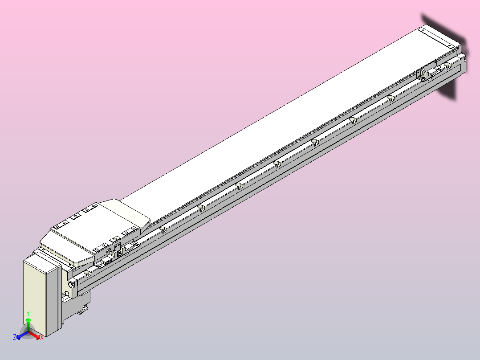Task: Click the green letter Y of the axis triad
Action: tap(28, 313)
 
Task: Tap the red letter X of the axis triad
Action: tap(41, 338)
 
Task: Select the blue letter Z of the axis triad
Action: tap(15, 338)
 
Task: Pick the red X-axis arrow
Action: tap(35, 334)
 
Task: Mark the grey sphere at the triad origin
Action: tap(28, 332)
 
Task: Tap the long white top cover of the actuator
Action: tap(276, 120)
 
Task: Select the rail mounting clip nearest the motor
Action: tap(87, 272)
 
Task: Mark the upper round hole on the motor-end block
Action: tap(72, 283)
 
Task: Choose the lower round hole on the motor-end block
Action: tap(67, 294)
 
